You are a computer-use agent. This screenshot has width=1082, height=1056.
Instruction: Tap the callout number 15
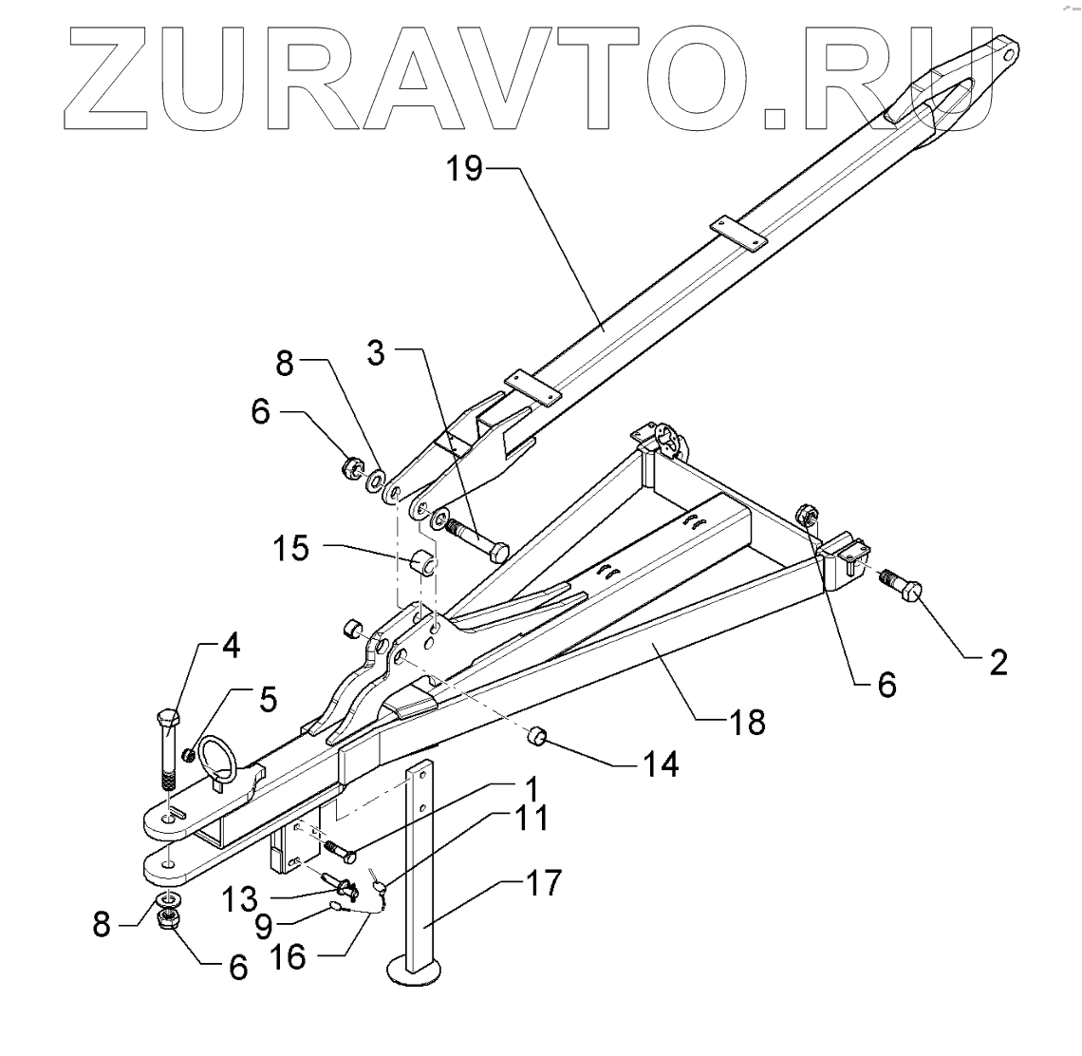[x=292, y=548]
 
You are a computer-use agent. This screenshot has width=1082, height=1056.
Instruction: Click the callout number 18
[x=748, y=722]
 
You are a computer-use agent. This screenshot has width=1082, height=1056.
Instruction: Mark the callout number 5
[x=268, y=701]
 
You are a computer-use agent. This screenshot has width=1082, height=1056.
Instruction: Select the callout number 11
[x=532, y=819]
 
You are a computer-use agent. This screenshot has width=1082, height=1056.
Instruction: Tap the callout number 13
[x=239, y=896]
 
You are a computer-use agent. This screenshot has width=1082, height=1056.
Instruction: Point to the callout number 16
[x=289, y=956]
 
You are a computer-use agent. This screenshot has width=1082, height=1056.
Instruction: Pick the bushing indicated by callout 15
[x=423, y=562]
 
